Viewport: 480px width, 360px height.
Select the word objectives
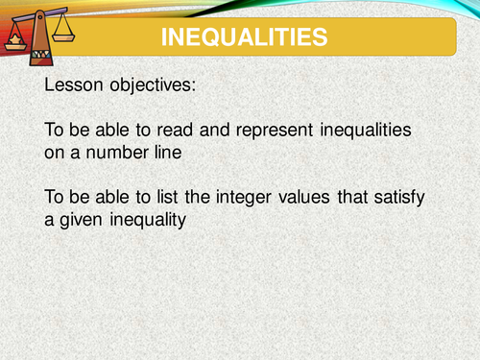coord(159,84)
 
